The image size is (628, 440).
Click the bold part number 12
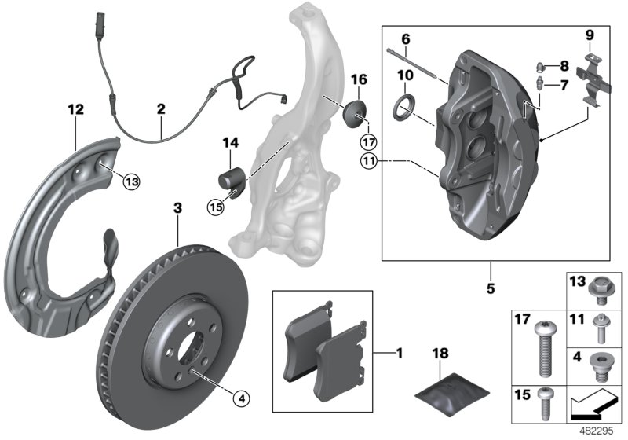tap(75, 111)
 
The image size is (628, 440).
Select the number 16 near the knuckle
tap(359, 79)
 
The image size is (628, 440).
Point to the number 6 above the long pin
tap(405, 38)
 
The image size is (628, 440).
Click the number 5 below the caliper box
tap(491, 288)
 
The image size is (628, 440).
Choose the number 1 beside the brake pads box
tap(399, 354)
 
